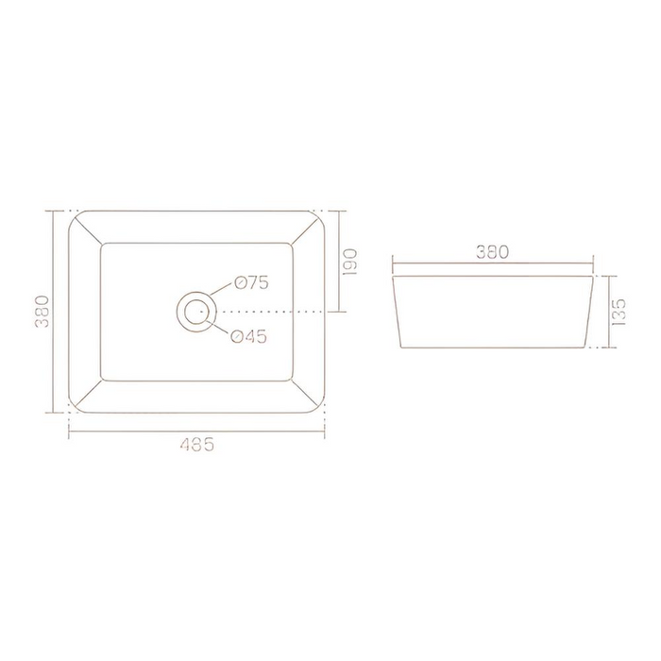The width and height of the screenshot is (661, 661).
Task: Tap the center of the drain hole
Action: pos(197,310)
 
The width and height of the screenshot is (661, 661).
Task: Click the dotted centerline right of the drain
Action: pos(274,310)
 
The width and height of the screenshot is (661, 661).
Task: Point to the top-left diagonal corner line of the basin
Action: pos(87,228)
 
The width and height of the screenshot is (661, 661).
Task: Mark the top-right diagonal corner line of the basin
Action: pos(308,228)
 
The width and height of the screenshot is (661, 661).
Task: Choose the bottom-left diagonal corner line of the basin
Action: pos(86,396)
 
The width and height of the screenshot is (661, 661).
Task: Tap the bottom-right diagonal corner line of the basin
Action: pos(308,396)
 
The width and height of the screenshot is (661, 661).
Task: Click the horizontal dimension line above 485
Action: pos(197,432)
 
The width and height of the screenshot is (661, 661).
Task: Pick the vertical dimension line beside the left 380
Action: pos(53,311)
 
